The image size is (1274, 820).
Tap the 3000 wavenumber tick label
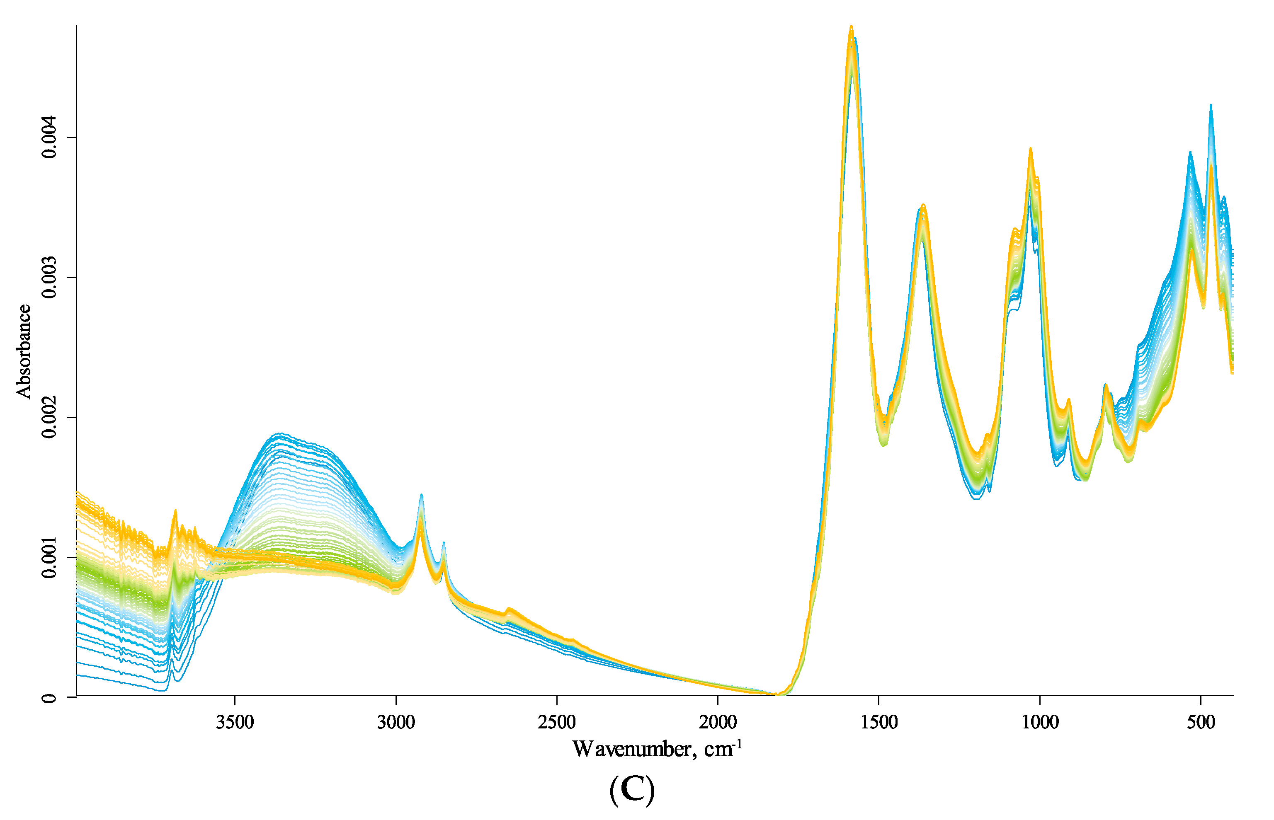396,723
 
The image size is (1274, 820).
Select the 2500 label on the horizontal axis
557,723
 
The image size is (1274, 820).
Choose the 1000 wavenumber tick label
1040,723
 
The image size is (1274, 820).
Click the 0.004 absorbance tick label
49,138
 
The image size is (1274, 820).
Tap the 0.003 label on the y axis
49,278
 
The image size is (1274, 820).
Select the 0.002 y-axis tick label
49,417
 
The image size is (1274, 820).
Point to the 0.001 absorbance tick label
49,557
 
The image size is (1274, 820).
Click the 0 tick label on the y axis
49,697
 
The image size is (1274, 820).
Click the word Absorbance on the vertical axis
24,351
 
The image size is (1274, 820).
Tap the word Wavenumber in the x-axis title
632,750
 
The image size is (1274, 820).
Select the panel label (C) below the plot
632,790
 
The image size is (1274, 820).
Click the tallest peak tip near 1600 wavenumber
851,26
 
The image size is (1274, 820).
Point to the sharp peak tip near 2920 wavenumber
421,495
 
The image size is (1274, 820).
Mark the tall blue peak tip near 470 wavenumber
1211,105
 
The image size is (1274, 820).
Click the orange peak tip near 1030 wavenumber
1031,149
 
